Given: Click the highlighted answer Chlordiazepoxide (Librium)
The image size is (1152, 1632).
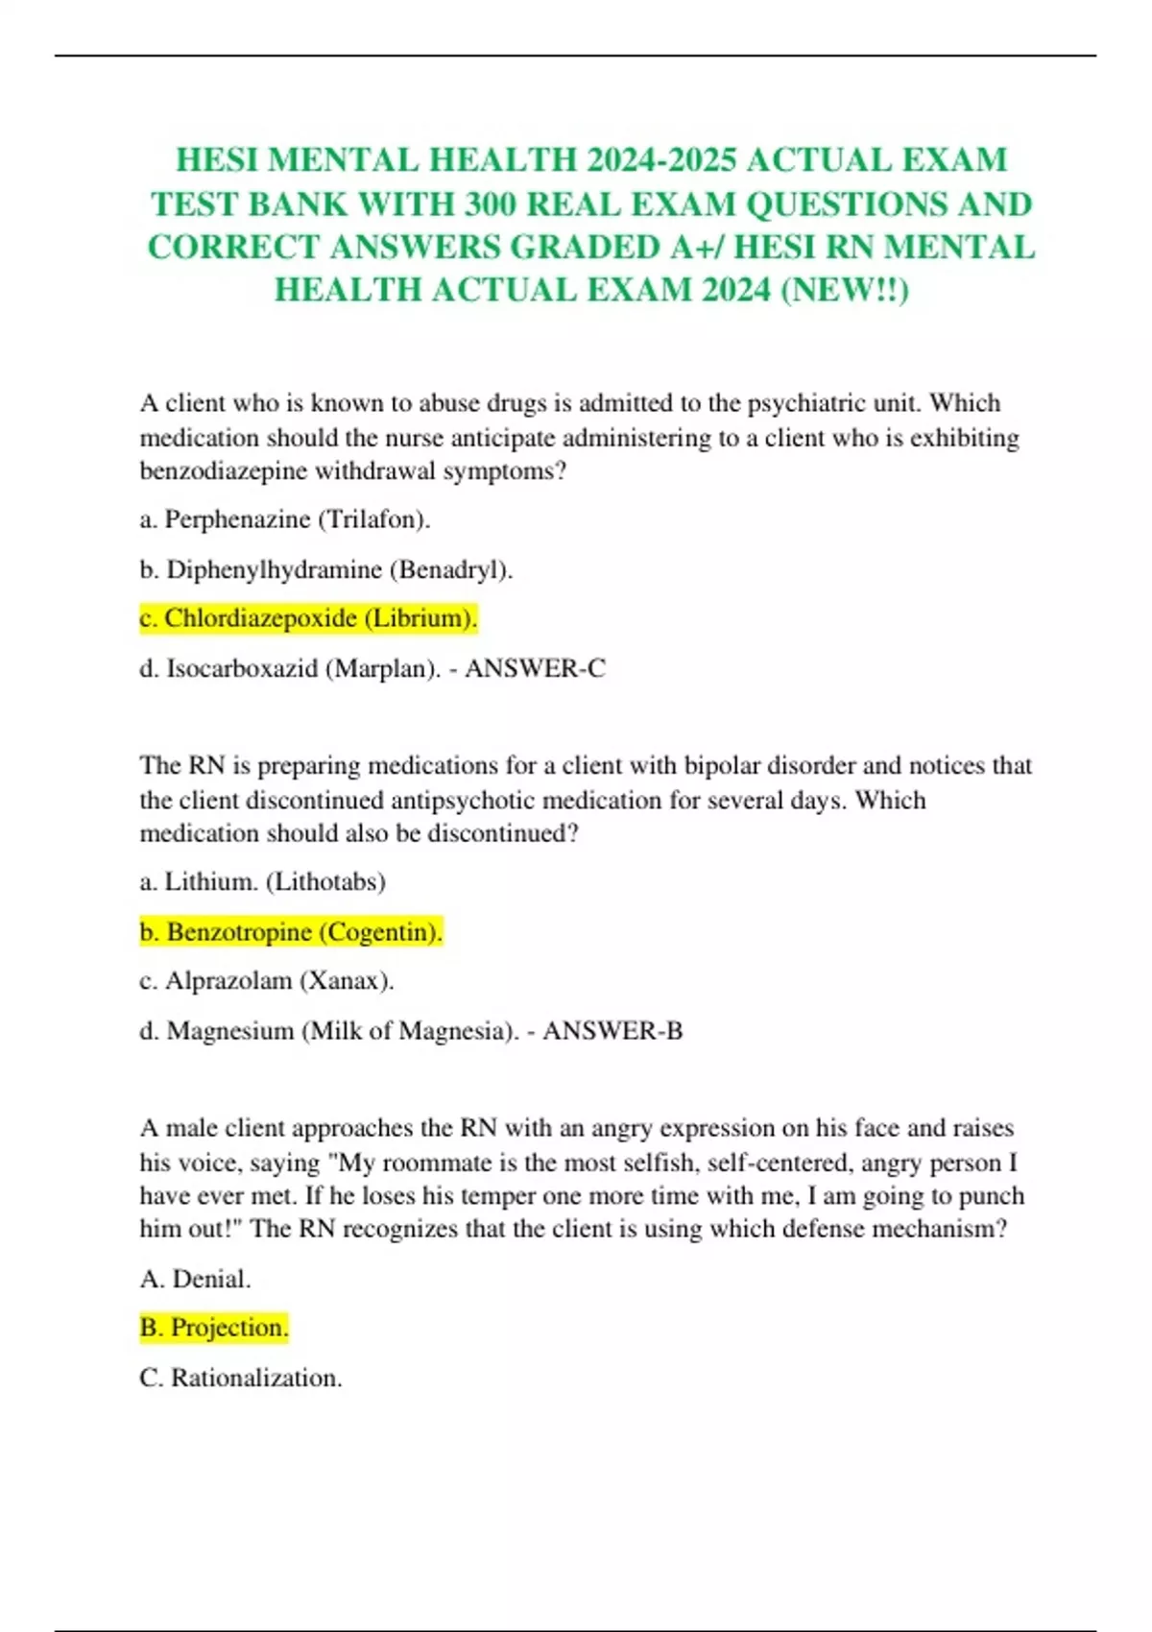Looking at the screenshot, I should [x=308, y=618].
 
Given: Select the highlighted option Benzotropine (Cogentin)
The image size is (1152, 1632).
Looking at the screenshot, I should [x=291, y=932].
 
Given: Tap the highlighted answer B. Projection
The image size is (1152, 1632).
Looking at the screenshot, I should [x=213, y=1328].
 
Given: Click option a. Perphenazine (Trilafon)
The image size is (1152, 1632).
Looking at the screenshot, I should [x=285, y=519].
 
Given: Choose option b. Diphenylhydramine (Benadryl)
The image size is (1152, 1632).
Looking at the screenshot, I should [x=326, y=569].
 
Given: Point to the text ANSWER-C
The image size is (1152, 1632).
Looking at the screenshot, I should [x=535, y=668].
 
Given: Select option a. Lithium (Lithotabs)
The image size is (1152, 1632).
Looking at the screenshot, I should [x=262, y=881].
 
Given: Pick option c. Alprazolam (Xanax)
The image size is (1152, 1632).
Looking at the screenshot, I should [x=267, y=981].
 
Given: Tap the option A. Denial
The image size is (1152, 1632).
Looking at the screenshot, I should [x=195, y=1279].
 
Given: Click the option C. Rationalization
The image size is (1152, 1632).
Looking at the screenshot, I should [x=240, y=1378].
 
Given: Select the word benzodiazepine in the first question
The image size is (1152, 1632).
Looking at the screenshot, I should [x=224, y=471].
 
